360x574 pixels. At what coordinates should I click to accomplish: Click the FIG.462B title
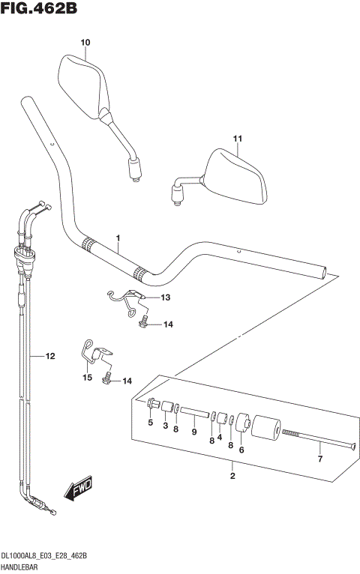pos(40,9)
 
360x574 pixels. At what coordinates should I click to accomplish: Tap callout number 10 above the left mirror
pos(85,43)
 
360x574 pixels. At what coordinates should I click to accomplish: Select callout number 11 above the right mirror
pos(238,139)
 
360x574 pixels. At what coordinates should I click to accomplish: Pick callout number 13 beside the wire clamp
pos(165,297)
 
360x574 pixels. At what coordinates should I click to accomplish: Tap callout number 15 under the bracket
pos(87,378)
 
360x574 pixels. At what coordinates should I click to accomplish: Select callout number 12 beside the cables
pos(50,357)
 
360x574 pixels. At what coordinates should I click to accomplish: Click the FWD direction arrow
pos(77,490)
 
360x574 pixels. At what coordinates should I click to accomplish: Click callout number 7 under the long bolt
pos(319,458)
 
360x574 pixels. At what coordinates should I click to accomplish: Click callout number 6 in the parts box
pos(241,450)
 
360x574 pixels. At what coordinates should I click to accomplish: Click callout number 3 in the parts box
pos(165,426)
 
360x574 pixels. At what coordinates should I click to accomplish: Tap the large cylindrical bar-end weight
pos(266,432)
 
